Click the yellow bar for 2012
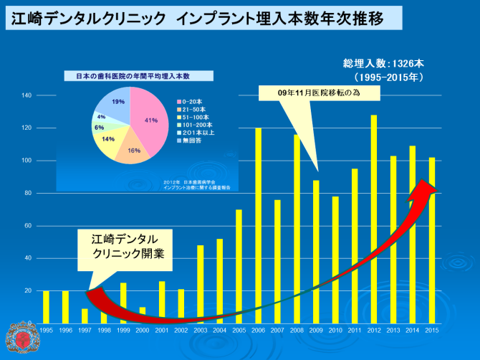tap(374, 215)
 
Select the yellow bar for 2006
tap(258, 222)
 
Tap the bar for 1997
tap(85, 316)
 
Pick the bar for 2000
tap(143, 315)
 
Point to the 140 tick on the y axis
tap(27, 95)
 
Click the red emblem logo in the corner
tap(19, 341)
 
